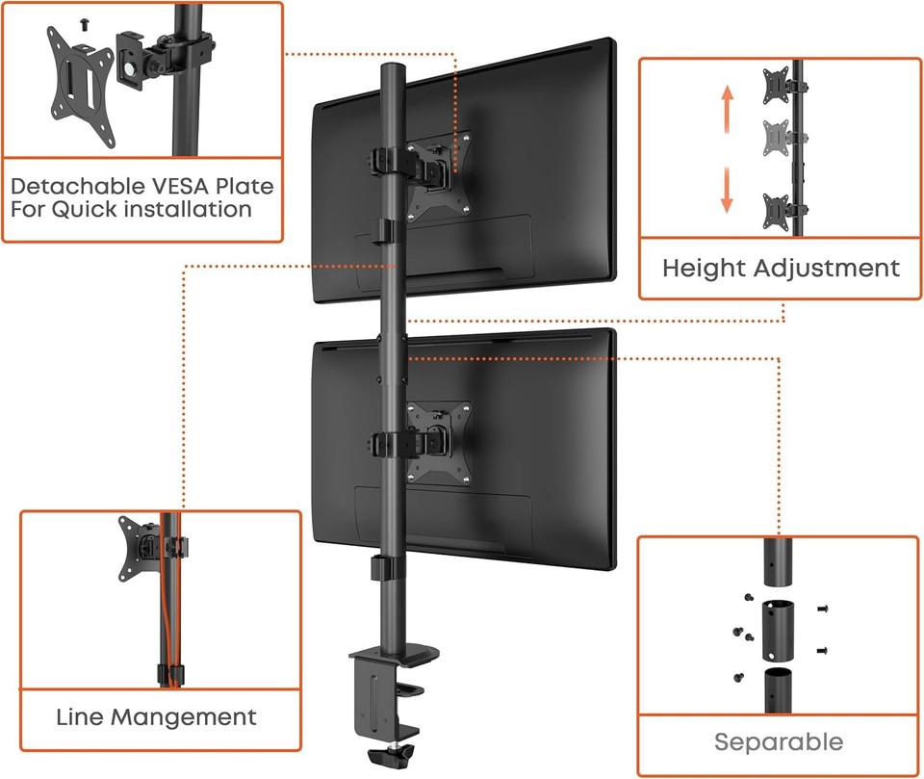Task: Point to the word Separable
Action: tap(778, 742)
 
